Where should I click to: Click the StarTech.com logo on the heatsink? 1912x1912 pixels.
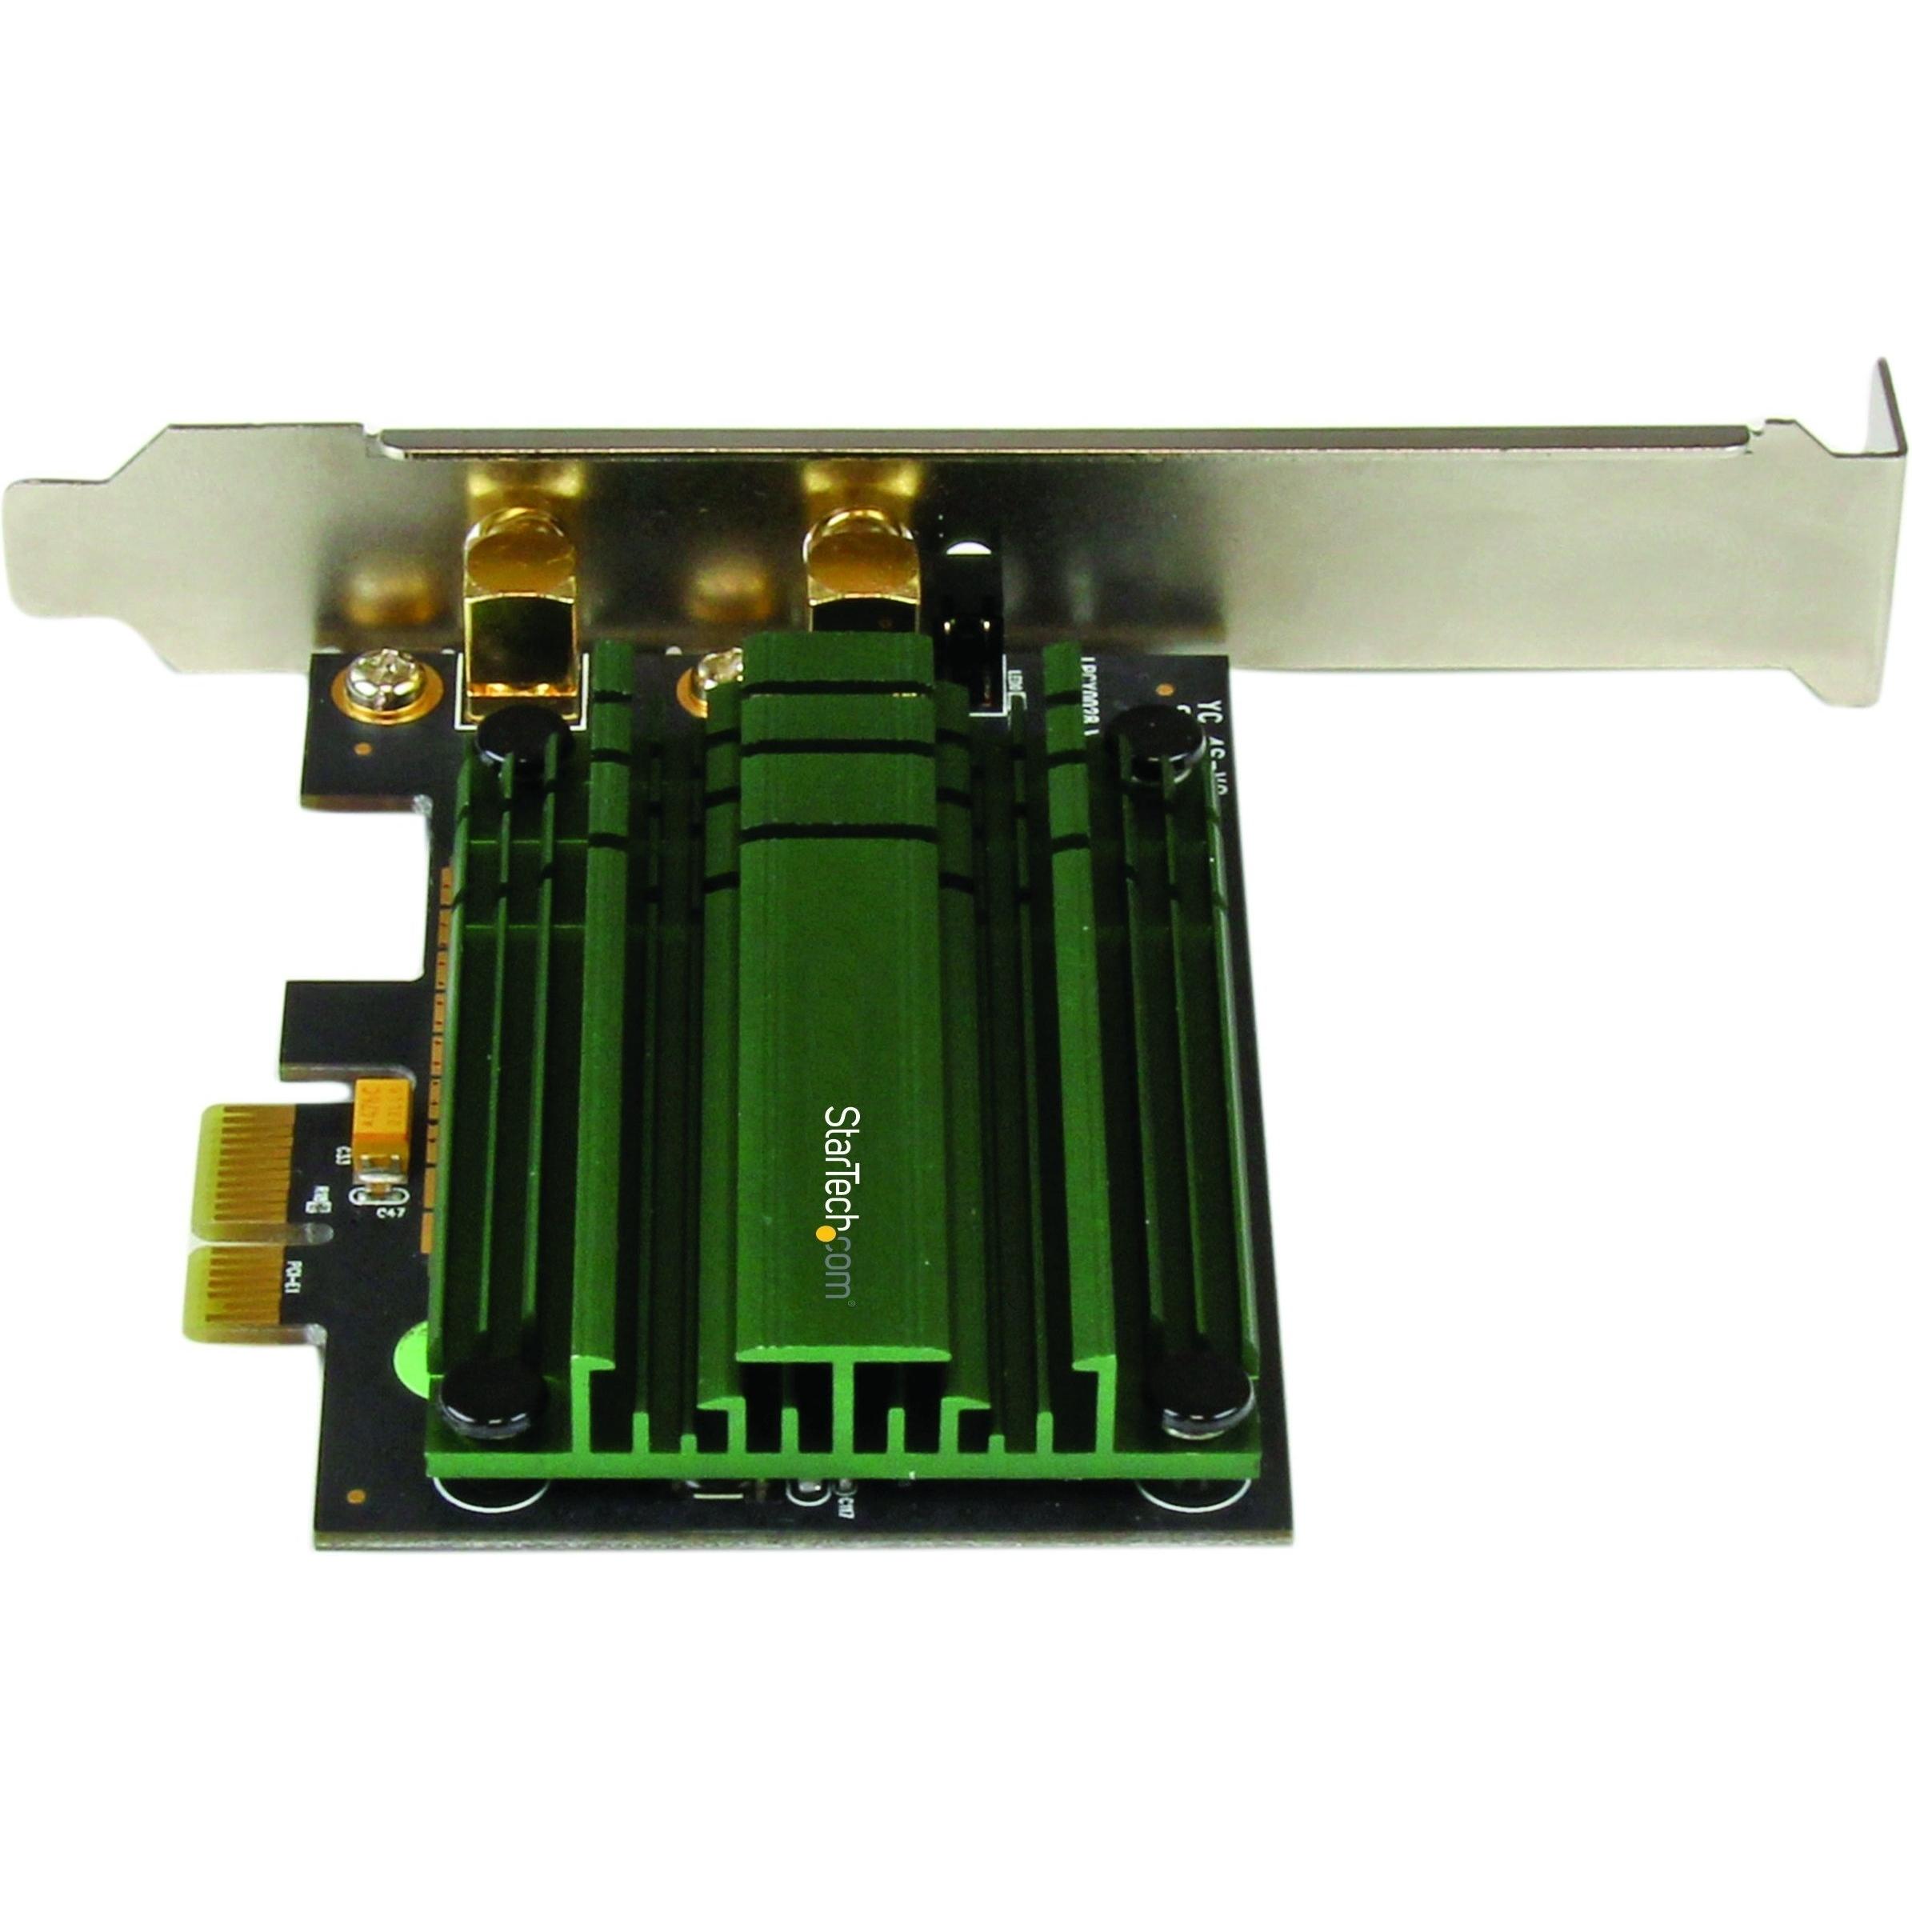(x=839, y=1202)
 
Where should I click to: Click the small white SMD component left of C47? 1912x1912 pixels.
(x=320, y=1203)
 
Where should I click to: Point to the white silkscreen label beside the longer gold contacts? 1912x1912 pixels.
(x=294, y=1272)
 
